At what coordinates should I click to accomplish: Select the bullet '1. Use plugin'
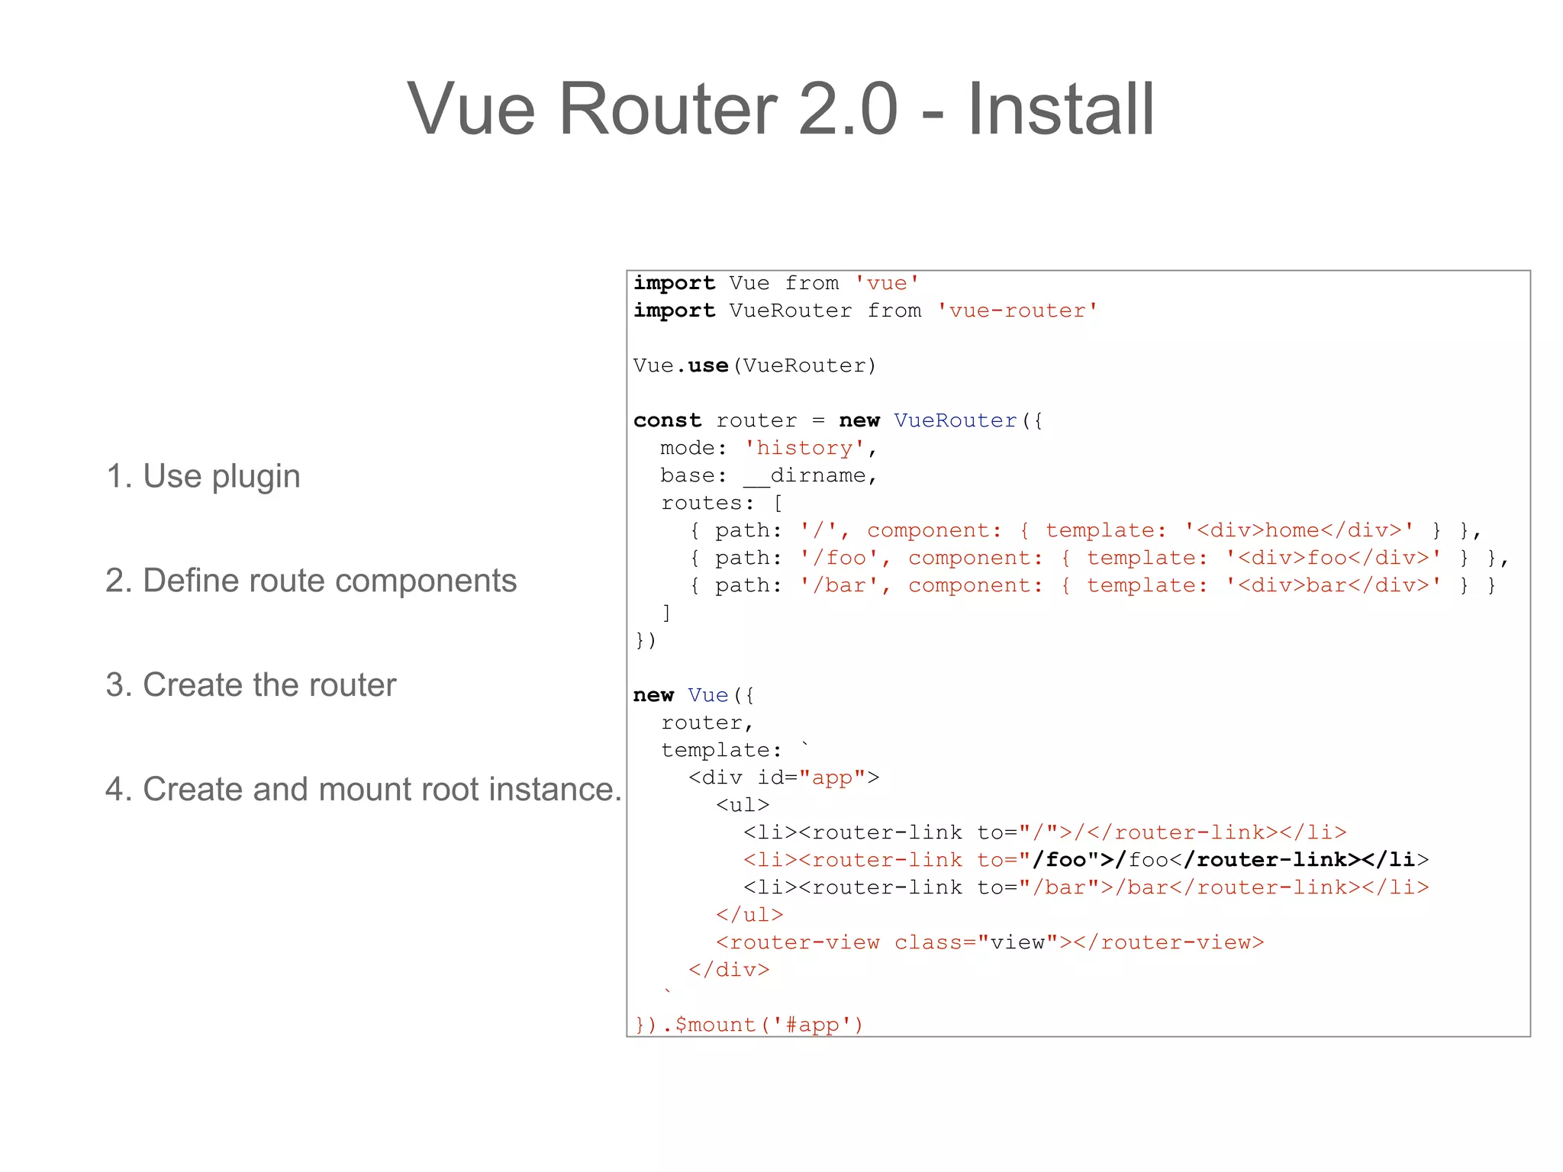(x=203, y=476)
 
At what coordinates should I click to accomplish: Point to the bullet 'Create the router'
(x=269, y=685)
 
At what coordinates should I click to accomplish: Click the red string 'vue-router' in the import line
(x=1017, y=311)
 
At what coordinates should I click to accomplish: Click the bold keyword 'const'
(x=667, y=420)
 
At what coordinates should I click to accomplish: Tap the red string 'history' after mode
(x=804, y=448)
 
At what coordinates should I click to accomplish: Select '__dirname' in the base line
(x=804, y=476)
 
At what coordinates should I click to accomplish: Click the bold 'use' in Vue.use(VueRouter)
(x=708, y=365)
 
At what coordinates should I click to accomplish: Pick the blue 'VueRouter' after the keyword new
(x=956, y=420)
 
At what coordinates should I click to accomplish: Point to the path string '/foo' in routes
(x=840, y=558)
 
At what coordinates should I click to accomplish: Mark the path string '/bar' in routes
(x=840, y=585)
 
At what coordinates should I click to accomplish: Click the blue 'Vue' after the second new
(x=708, y=695)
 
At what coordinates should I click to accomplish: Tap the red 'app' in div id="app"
(x=832, y=778)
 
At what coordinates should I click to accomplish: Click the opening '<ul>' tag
(x=743, y=805)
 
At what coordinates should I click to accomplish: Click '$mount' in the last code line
(x=714, y=1025)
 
